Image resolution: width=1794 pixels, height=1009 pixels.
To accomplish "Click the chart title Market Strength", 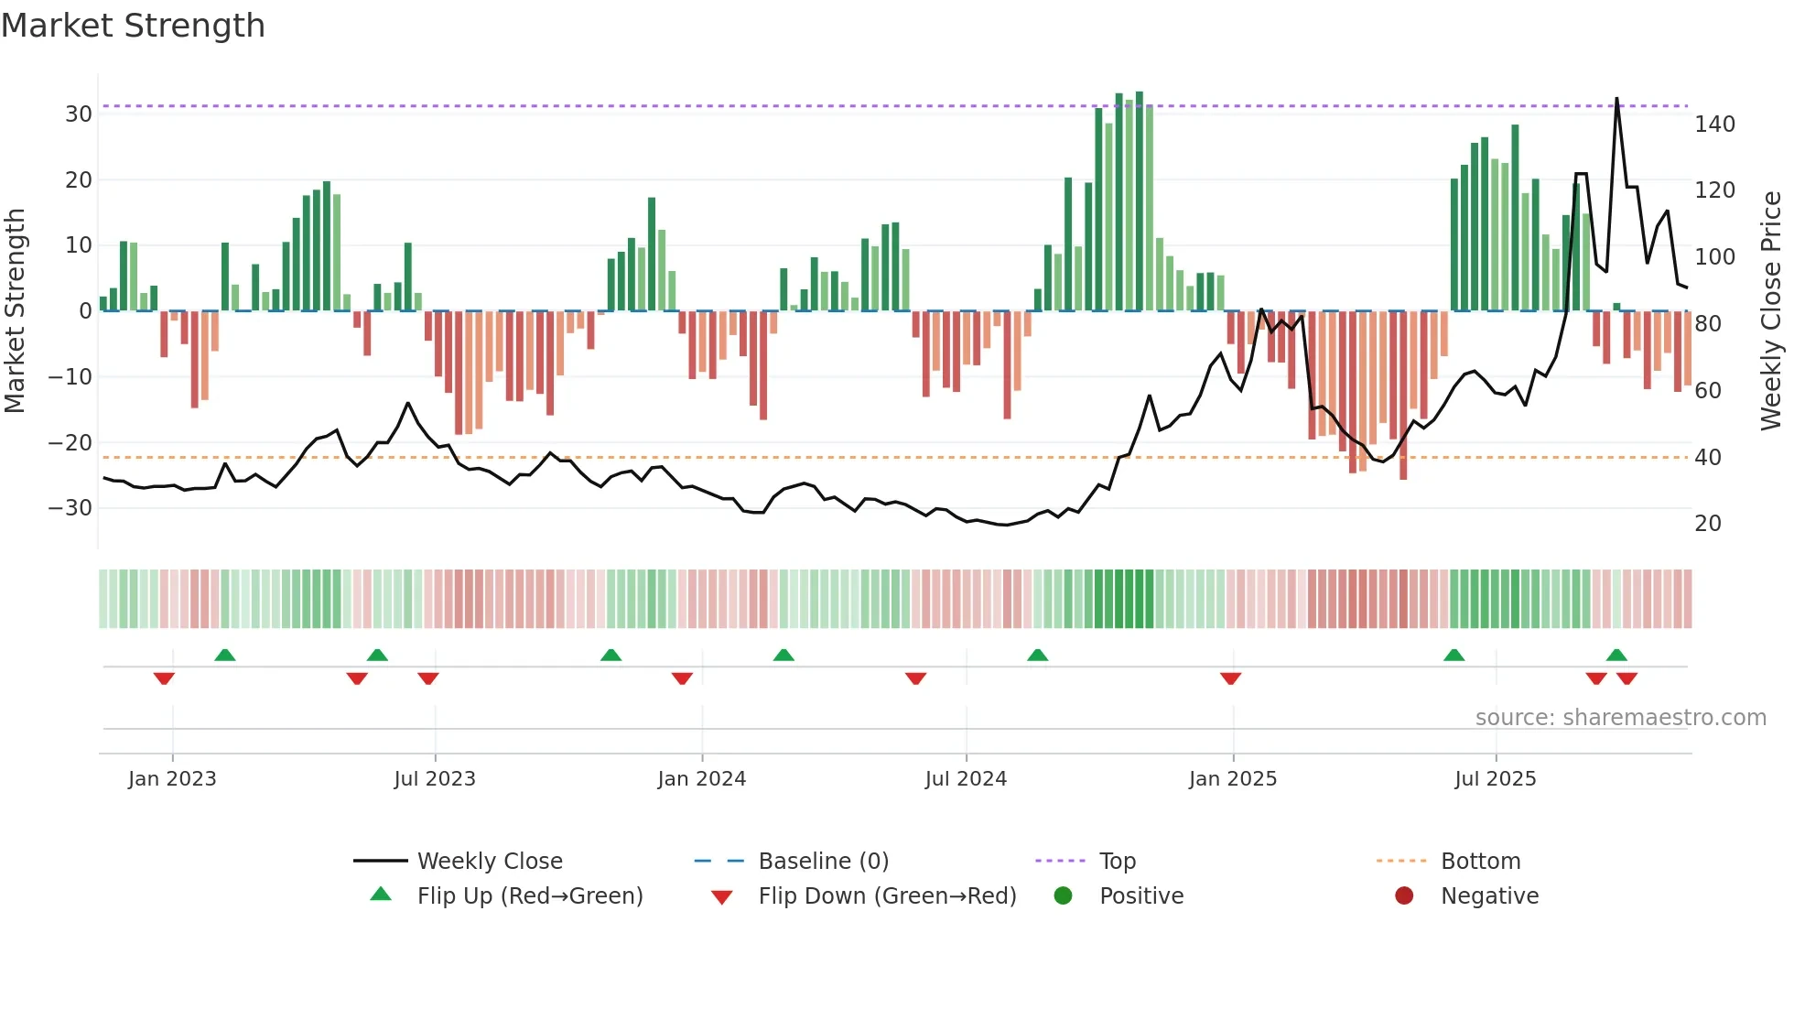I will point(133,26).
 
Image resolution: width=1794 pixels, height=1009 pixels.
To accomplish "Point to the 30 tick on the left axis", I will point(79,114).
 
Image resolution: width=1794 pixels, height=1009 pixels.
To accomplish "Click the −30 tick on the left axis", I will point(70,508).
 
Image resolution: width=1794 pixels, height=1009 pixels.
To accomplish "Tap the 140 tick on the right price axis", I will point(1714,125).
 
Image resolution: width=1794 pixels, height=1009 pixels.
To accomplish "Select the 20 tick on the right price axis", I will point(1708,524).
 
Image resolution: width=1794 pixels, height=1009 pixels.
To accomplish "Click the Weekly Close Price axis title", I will point(1771,311).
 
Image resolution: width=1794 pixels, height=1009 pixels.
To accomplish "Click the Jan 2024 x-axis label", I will point(702,779).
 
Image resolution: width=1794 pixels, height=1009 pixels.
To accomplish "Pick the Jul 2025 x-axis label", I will point(1496,779).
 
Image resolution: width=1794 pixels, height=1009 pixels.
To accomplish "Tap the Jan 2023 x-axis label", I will point(172,779).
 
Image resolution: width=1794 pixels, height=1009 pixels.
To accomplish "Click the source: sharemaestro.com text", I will point(1620,718).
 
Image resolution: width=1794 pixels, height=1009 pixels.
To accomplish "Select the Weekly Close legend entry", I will point(490,862).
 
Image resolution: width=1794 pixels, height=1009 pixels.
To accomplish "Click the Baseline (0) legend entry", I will point(823,862).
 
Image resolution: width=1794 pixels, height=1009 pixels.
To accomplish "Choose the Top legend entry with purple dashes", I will point(1117,862).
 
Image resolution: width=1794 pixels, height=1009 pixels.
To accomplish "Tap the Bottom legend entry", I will point(1480,862).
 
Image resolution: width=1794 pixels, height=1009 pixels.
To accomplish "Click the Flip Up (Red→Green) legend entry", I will point(529,896).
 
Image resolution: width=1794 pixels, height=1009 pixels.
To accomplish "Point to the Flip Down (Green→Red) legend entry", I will point(887,896).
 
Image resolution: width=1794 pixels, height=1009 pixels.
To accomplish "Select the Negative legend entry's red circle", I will point(1404,896).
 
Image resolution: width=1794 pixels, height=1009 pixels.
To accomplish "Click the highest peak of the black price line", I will point(1616,99).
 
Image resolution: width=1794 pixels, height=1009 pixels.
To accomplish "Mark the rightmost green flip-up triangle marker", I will point(1616,655).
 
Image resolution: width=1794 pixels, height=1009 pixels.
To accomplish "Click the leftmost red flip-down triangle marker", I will point(164,678).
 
